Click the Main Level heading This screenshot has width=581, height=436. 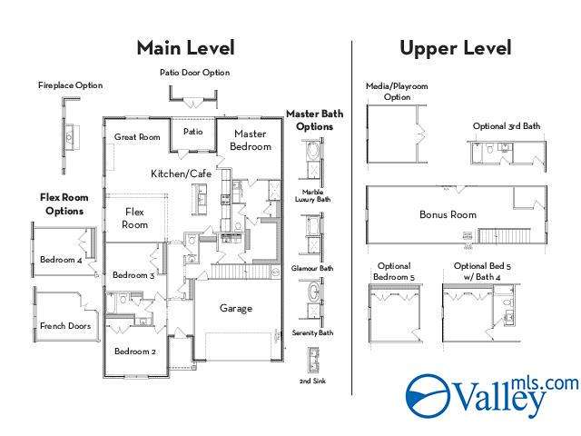coord(185,48)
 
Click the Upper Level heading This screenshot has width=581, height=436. coord(456,48)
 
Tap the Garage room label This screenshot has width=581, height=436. coord(236,308)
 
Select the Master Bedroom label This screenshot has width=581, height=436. coord(251,140)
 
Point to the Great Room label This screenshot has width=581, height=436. coord(137,137)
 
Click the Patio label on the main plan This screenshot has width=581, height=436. coord(193,132)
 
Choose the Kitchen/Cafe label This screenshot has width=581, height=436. coord(182,173)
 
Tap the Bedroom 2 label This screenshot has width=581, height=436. coord(135,352)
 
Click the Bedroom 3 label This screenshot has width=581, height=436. coord(133,275)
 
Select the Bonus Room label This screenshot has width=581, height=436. coord(448,214)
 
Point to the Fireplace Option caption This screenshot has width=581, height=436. coord(71,85)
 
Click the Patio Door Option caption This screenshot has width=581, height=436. coord(195,73)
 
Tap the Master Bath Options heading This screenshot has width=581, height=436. coord(315,120)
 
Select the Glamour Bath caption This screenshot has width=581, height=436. coord(312,268)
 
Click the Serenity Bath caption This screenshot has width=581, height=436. coord(312,333)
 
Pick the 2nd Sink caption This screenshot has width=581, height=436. coord(312,381)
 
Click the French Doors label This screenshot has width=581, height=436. coord(65,326)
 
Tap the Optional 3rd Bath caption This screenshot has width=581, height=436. coord(507,126)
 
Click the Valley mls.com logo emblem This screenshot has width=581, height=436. coord(428,396)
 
